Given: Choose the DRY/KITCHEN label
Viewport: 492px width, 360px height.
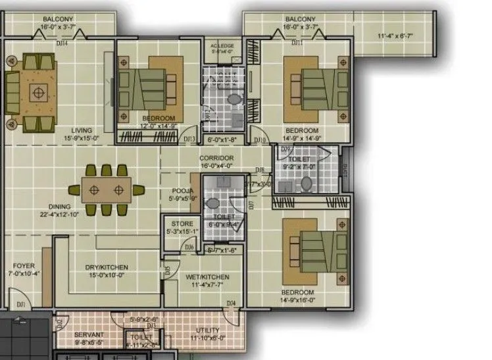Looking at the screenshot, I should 106,267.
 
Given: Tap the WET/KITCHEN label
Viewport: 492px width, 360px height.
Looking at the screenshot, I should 207,277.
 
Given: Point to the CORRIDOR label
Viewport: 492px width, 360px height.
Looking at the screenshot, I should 216,159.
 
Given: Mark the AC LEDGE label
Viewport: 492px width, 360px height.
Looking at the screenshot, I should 222,45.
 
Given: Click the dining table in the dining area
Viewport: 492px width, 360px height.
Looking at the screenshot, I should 107,190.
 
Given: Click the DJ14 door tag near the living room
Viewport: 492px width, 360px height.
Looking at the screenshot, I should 62,43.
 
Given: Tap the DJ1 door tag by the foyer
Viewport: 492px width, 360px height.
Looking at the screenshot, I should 21,304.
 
